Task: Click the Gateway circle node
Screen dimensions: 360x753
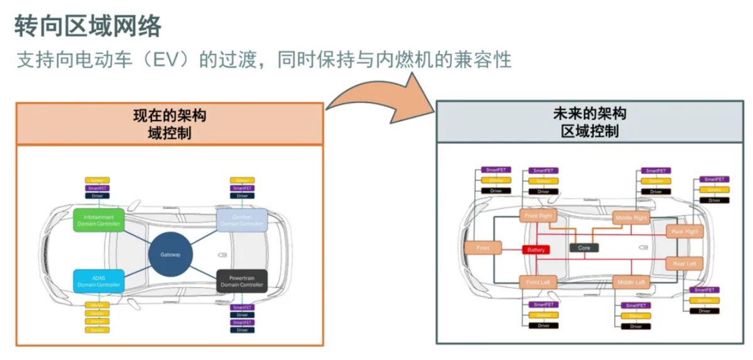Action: pyautogui.click(x=170, y=254)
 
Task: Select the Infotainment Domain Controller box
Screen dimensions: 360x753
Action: pyautogui.click(x=99, y=220)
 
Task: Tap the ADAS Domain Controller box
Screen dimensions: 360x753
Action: pyautogui.click(x=99, y=281)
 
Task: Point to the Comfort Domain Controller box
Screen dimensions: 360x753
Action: pyautogui.click(x=242, y=220)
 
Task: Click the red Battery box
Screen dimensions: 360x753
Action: pyautogui.click(x=536, y=249)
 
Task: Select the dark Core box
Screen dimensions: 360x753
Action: pyautogui.click(x=584, y=248)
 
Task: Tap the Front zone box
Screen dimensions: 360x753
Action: pyautogui.click(x=483, y=248)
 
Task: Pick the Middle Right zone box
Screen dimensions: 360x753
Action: pyautogui.click(x=631, y=217)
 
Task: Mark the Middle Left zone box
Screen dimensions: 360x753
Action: pyautogui.click(x=631, y=282)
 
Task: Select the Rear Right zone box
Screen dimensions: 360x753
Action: pyautogui.click(x=684, y=231)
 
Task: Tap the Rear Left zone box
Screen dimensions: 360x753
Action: pyautogui.click(x=684, y=263)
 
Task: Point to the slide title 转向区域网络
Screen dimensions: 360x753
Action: pyautogui.click(x=88, y=27)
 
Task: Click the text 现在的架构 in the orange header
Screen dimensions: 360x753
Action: pyautogui.click(x=170, y=116)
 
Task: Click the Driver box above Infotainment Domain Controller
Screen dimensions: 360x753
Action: pyautogui.click(x=97, y=195)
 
